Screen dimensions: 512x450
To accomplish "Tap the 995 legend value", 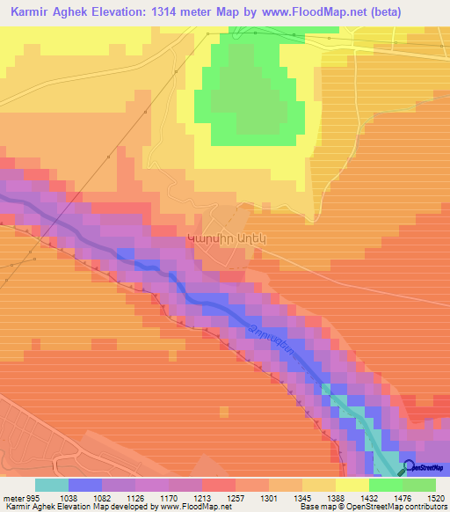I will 33,496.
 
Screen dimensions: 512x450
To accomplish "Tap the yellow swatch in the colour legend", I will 352,485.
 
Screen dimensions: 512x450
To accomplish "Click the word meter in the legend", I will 12,496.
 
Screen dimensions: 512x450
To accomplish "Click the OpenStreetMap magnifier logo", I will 409,466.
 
